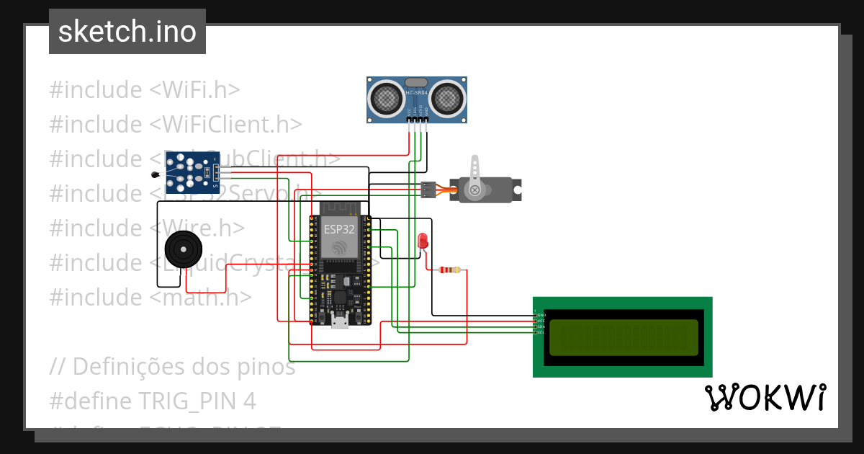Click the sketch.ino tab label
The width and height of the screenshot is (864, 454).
click(x=127, y=32)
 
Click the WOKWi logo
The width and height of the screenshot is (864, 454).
click(x=765, y=397)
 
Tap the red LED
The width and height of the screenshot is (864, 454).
click(x=423, y=241)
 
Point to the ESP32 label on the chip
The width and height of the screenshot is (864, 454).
click(x=339, y=229)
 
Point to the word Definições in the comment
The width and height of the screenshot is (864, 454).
click(x=129, y=367)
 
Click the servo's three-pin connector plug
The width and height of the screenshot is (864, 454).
click(x=428, y=190)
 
